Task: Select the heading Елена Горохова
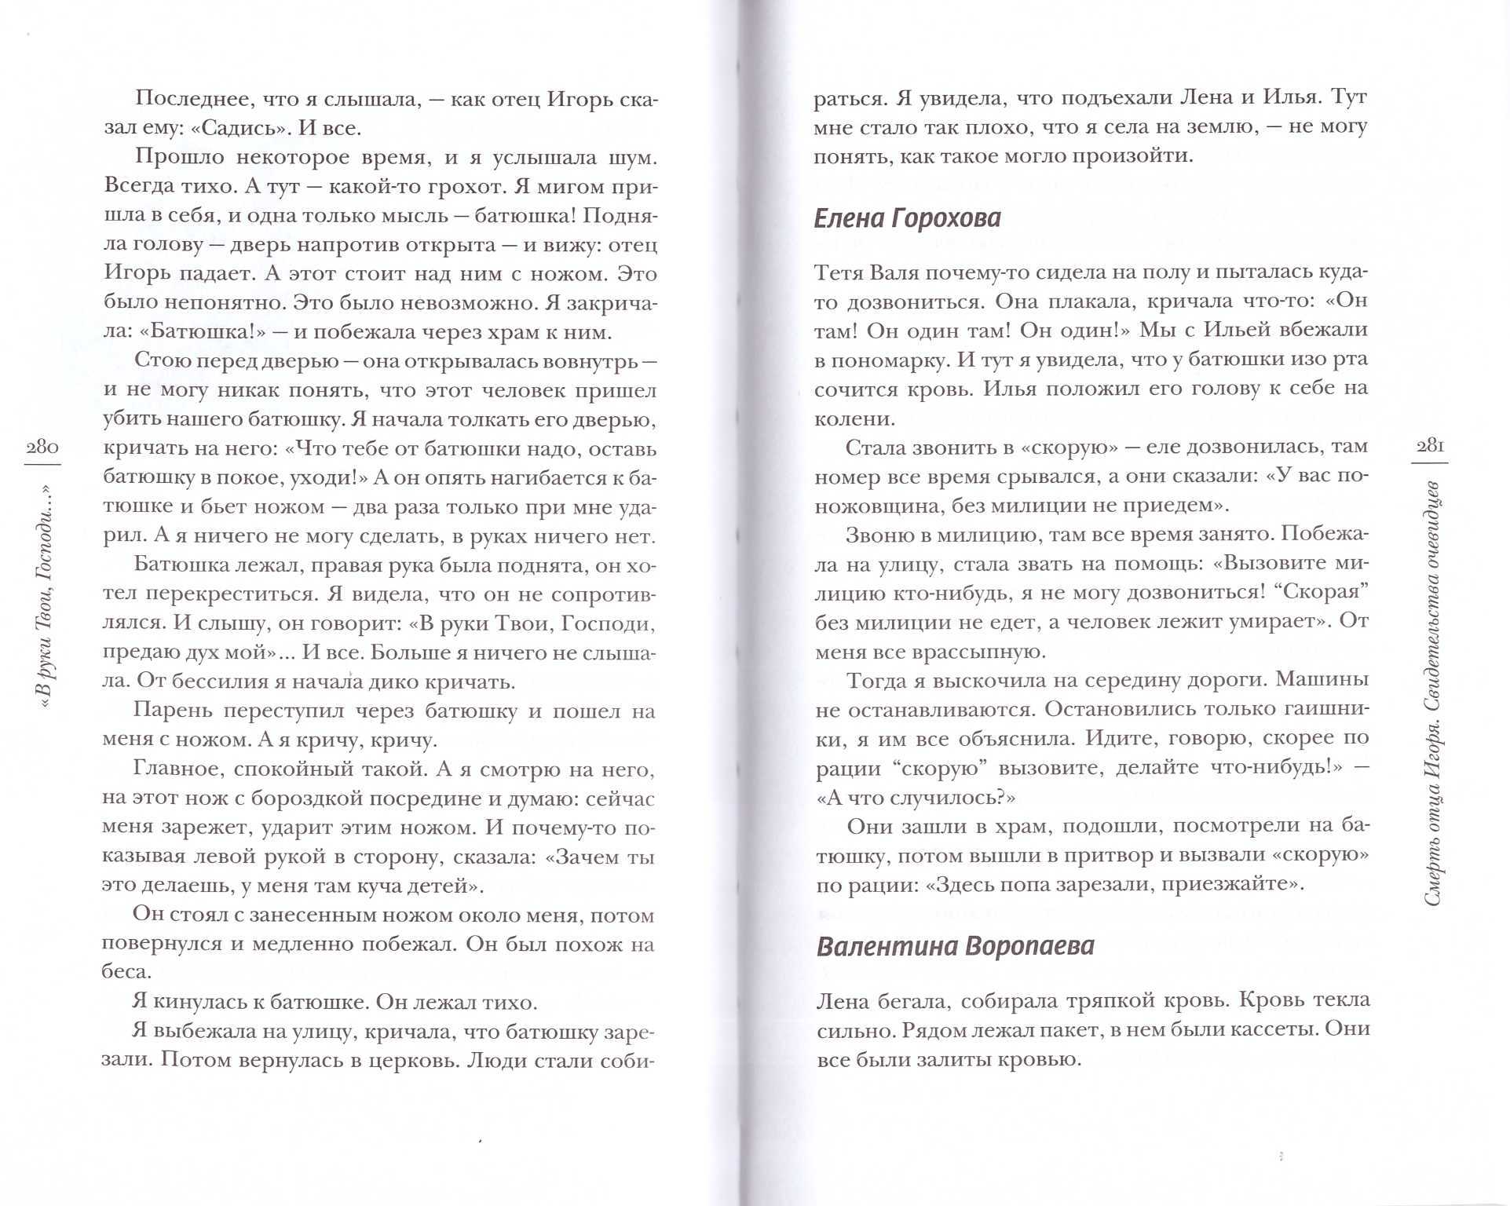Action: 908,217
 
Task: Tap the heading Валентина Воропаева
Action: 955,946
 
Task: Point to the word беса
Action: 126,971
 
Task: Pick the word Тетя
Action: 838,272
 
